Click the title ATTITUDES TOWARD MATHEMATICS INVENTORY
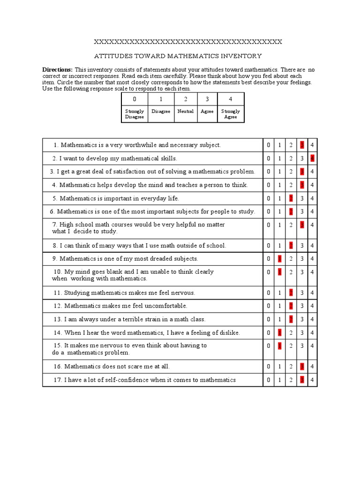tap(178, 56)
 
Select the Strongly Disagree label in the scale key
tap(135, 114)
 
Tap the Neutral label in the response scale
tap(186, 112)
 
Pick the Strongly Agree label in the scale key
tap(230, 114)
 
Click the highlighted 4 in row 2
tap(312, 158)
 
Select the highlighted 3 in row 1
tap(302, 145)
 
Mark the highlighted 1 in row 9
tap(280, 259)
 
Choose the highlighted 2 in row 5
tap(291, 198)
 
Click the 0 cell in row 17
tap(269, 380)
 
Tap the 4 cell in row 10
tap(312, 272)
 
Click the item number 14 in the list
tap(58, 333)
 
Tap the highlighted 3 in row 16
tap(302, 367)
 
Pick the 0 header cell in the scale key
tap(135, 99)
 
